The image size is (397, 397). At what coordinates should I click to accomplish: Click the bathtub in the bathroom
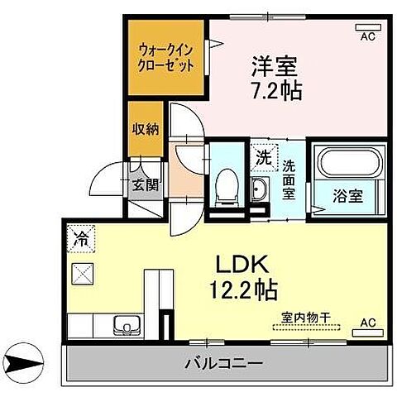click(x=348, y=165)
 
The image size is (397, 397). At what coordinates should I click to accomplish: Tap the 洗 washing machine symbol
click(x=262, y=155)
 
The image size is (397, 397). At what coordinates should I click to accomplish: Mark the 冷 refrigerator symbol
click(x=81, y=237)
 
